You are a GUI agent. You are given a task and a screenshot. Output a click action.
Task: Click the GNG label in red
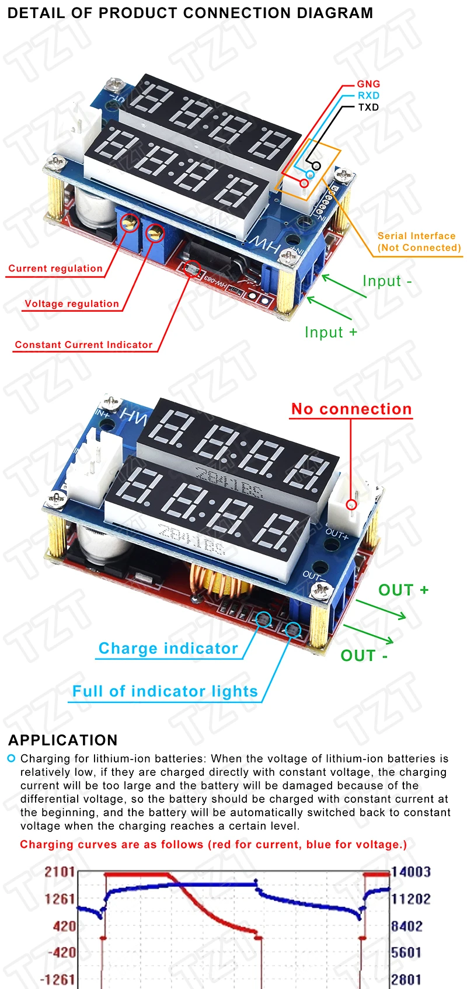[x=368, y=84]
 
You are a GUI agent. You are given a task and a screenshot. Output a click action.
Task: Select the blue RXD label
[x=368, y=95]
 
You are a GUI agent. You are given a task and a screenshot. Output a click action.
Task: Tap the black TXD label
[x=368, y=107]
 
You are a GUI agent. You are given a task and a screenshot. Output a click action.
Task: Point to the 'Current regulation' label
[x=55, y=269]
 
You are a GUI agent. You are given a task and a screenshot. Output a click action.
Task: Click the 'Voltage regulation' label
[x=72, y=304]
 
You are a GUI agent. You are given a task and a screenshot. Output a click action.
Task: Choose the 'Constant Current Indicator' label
[x=83, y=344]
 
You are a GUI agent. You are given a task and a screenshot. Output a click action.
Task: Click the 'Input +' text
[x=330, y=332]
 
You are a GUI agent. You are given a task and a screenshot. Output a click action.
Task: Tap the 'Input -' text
[x=387, y=281]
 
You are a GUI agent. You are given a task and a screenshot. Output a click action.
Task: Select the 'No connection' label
[x=351, y=409]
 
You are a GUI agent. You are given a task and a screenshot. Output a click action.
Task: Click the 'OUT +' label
[x=403, y=590]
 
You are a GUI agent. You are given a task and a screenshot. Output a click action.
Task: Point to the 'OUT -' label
[x=364, y=656]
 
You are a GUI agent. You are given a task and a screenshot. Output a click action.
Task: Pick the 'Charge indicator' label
[x=168, y=649]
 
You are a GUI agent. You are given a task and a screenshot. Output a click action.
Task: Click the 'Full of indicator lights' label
[x=165, y=691]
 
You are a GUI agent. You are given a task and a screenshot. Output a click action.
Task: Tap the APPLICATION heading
[x=63, y=740]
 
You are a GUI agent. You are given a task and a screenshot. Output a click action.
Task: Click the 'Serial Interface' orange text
[x=416, y=236]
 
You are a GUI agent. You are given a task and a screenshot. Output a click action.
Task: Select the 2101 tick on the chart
[x=60, y=872]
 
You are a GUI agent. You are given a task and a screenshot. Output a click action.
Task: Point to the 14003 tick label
[x=410, y=872]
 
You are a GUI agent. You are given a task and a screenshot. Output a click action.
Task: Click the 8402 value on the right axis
[x=407, y=926]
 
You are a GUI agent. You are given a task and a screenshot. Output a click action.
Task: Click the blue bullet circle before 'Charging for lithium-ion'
[x=11, y=758]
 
